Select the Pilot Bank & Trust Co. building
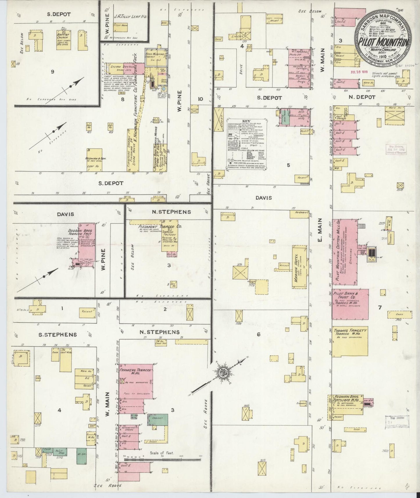tap(350, 304)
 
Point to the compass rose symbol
tap(223, 372)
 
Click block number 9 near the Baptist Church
tap(53, 71)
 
